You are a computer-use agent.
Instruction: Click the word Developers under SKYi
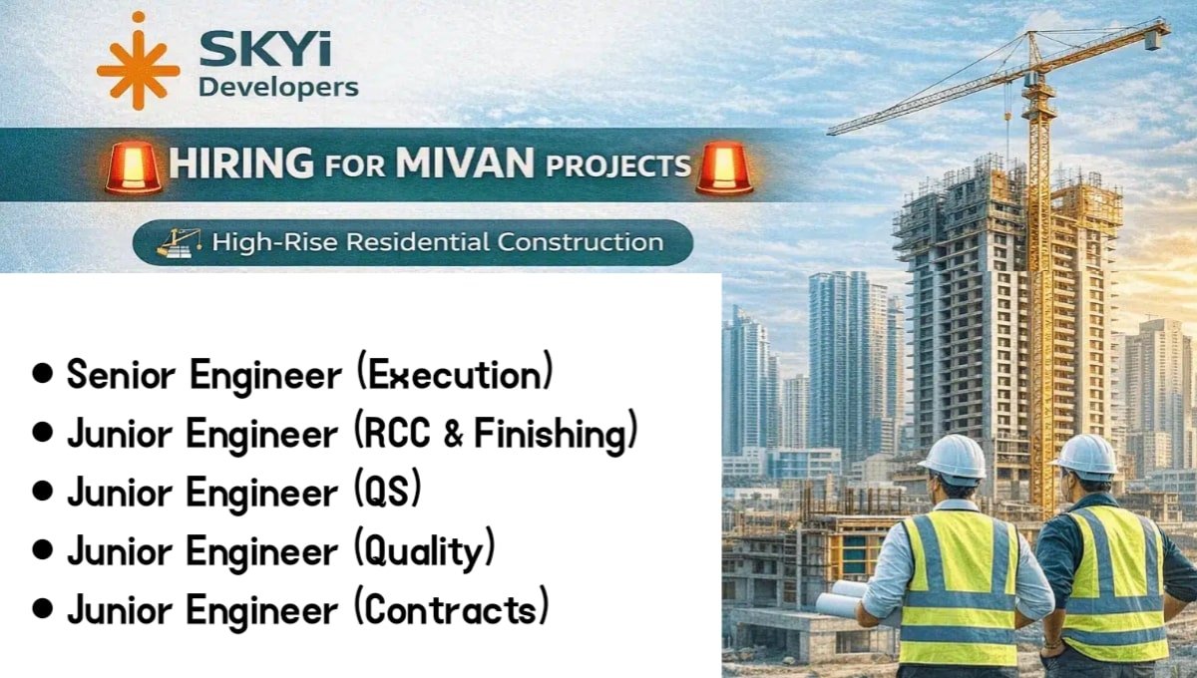click(278, 87)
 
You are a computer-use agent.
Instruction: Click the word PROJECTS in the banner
click(607, 166)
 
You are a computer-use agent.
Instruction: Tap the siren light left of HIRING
click(134, 168)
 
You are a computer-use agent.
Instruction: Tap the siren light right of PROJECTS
click(725, 168)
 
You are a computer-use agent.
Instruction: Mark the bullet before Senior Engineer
click(41, 376)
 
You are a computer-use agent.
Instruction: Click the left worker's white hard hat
click(952, 457)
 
